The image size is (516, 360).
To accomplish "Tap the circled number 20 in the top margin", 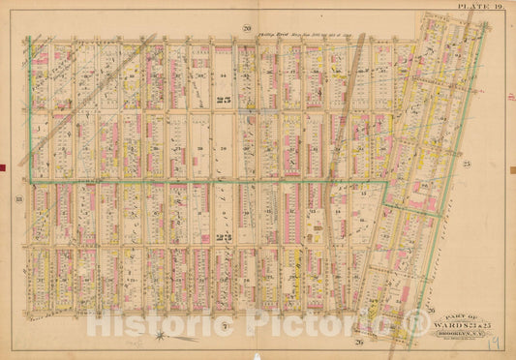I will [x=247, y=26].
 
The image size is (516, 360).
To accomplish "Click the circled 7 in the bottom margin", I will [x=223, y=329].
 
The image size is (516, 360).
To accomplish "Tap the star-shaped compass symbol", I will [x=160, y=336].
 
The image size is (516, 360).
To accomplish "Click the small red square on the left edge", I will [x=3, y=168].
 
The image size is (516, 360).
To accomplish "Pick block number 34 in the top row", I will [x=221, y=75].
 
